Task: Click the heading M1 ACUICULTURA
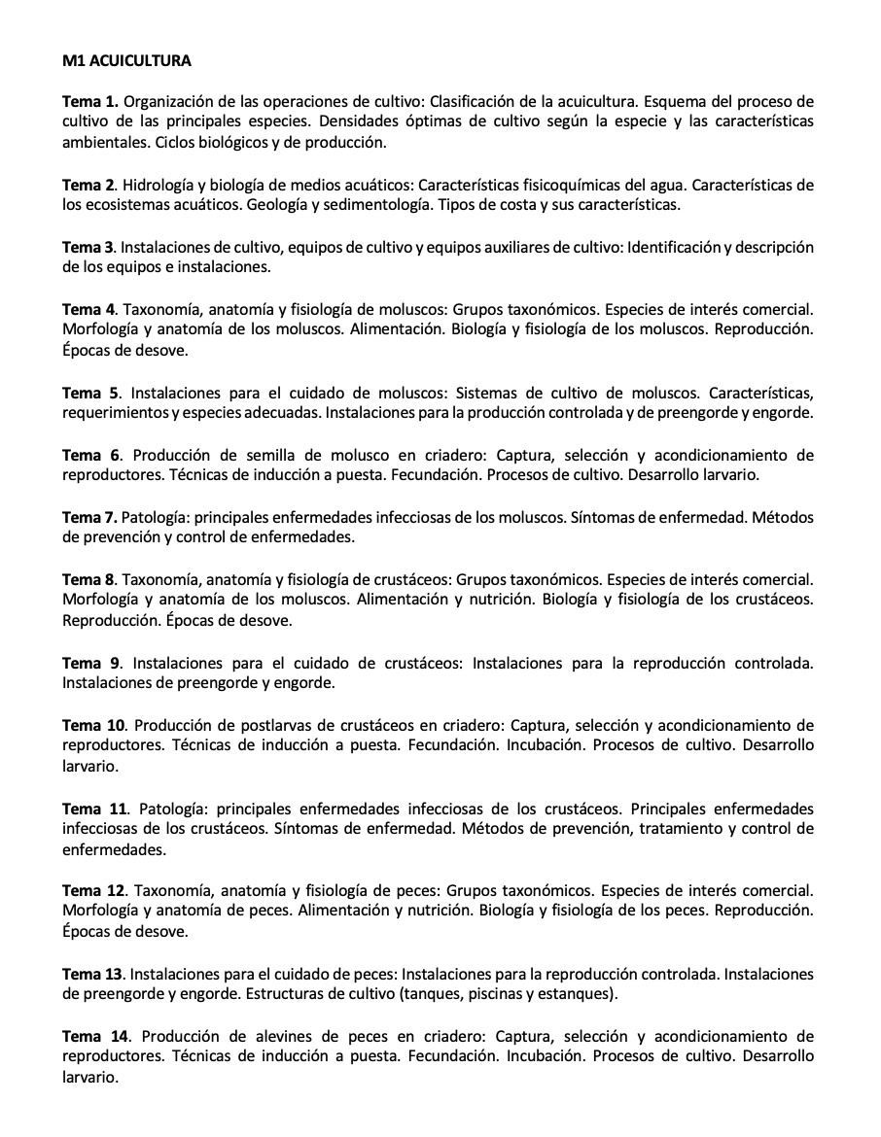coord(126,61)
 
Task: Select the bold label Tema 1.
coord(90,101)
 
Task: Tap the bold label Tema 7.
coord(89,516)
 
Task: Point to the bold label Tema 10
coord(94,725)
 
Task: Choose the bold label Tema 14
coord(94,1036)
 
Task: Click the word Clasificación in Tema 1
coord(474,101)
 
